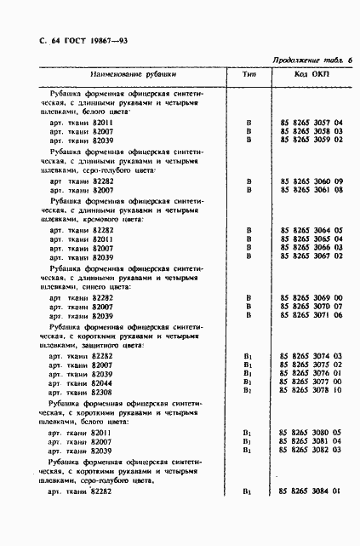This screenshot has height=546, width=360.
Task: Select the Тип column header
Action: [x=249, y=75]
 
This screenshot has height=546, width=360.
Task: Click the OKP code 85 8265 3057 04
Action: [x=311, y=123]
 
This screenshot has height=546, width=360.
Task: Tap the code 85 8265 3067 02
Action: [x=311, y=256]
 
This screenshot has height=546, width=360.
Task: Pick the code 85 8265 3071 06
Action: [x=311, y=314]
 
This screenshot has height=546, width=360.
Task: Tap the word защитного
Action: [x=106, y=345]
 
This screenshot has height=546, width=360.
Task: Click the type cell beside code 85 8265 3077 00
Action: [x=249, y=382]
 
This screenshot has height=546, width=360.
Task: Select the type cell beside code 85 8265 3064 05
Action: [x=249, y=230]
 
